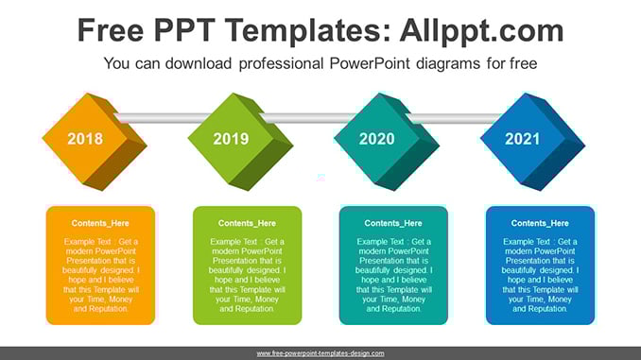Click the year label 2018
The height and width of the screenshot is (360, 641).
pos(85,139)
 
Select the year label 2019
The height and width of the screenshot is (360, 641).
pos(231,139)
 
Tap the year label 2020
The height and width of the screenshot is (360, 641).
pos(377,139)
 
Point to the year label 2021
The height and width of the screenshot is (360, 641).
pos(523,139)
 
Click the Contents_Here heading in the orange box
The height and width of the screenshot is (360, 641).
pos(100,223)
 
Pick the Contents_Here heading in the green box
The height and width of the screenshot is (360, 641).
pos(247,223)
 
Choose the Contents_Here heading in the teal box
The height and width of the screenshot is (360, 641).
pos(393,223)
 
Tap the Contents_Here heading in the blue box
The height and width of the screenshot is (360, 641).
pos(540,223)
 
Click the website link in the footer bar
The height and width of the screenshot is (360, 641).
pos(320,353)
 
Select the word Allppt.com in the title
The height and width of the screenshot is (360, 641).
pos(481,30)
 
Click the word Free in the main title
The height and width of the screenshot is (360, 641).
pos(111,30)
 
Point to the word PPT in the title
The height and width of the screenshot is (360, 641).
pos(184,30)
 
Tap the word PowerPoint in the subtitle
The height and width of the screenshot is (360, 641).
pos(370,63)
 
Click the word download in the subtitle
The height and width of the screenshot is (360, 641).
pos(199,63)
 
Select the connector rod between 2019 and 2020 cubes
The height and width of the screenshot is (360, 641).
pos(308,118)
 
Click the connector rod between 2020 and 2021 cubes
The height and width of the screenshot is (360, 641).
pos(454,118)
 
